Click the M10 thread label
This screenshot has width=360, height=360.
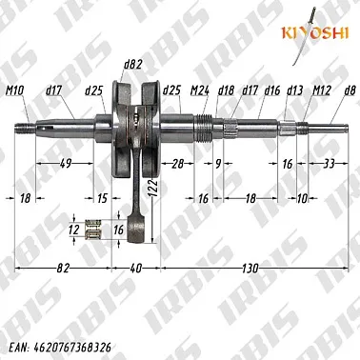point(15,91)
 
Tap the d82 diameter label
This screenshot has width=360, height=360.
point(132,65)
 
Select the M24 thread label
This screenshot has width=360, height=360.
point(201,91)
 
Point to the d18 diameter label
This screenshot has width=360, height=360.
point(226,91)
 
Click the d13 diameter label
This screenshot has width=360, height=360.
point(294,91)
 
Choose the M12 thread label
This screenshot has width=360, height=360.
point(321,91)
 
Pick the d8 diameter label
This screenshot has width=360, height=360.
point(350,91)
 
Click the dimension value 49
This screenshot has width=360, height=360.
point(66,164)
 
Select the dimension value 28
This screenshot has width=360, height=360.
point(177,164)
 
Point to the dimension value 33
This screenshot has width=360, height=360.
point(329,164)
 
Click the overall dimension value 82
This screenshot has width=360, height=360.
point(63,270)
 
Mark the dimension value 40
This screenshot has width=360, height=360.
point(135,270)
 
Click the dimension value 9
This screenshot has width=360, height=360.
point(218,164)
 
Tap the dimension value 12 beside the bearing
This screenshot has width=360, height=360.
point(74,230)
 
